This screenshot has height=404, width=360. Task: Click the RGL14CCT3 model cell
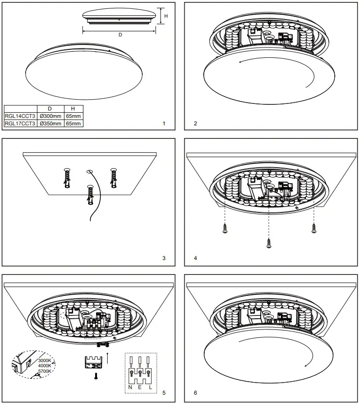20,116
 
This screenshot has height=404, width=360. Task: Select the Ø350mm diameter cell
50,123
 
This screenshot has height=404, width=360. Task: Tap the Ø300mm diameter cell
50,116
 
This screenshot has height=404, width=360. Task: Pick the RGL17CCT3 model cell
20,123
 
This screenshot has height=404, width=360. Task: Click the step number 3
164,258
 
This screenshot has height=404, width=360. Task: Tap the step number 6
195,393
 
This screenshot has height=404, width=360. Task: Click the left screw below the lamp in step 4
225,228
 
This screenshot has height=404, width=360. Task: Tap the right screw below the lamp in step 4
314,228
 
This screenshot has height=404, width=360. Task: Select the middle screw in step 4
269,242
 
